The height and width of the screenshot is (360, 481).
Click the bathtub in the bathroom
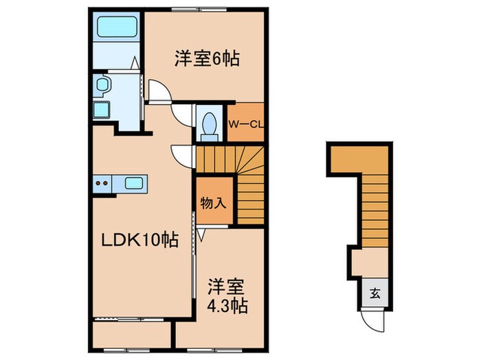click(118, 27)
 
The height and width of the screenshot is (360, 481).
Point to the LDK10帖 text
click(142, 240)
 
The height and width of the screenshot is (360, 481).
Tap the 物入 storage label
click(212, 203)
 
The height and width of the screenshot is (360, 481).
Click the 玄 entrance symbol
click(376, 295)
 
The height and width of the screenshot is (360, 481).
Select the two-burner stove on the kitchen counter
click(102, 183)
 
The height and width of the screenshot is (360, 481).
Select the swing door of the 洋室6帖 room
click(158, 91)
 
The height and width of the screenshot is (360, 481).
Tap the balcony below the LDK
click(131, 332)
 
